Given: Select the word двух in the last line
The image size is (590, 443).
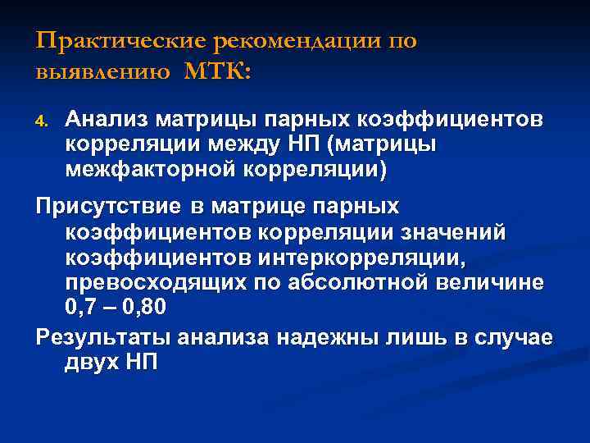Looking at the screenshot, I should [x=91, y=360].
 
